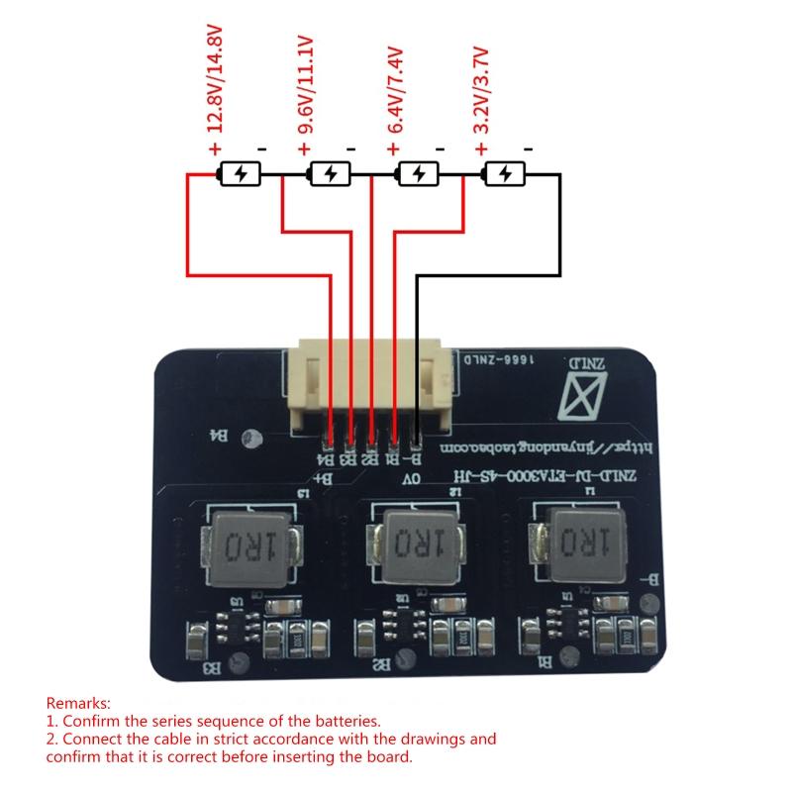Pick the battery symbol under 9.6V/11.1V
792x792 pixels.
329,174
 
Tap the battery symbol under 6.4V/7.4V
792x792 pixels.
417,174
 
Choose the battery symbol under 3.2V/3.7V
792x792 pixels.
504,174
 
